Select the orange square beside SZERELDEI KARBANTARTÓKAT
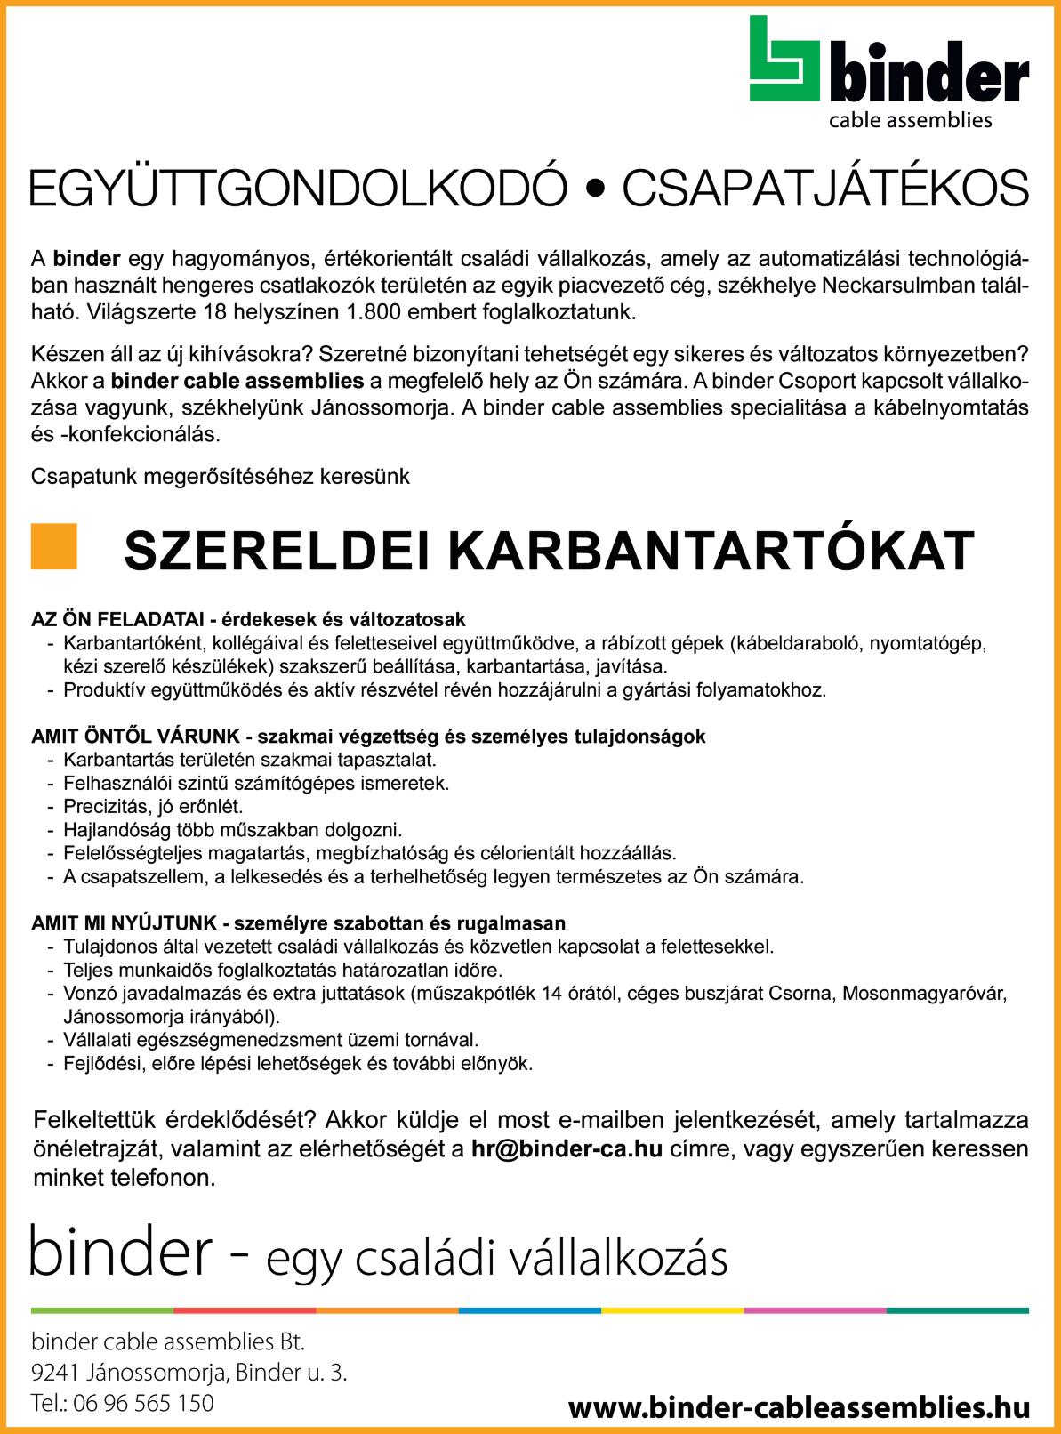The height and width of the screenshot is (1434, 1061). pyautogui.click(x=53, y=545)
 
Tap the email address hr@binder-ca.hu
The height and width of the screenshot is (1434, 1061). pyautogui.click(x=567, y=1148)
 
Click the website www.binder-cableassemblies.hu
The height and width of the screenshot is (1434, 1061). pyautogui.click(x=798, y=1408)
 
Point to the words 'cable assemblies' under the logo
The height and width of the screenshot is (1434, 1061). pyautogui.click(x=910, y=119)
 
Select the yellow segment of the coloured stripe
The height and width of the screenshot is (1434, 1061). pyautogui.click(x=672, y=1310)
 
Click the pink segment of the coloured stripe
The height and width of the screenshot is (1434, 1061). pyautogui.click(x=815, y=1310)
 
